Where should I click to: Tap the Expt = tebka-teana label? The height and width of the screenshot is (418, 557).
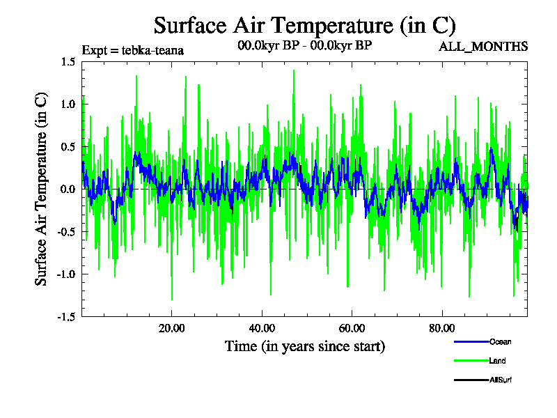(x=132, y=50)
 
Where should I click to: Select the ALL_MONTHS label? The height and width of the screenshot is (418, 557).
(x=483, y=47)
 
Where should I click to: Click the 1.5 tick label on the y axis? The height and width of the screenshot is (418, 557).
(x=68, y=62)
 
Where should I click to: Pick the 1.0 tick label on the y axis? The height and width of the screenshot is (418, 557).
(x=68, y=104)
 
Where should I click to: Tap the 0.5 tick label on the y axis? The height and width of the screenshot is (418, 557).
(x=68, y=147)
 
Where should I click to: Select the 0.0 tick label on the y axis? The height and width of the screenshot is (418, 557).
(x=68, y=189)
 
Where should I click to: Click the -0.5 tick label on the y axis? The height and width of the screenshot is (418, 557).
(x=66, y=232)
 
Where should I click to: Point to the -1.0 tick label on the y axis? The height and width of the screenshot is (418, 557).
(x=66, y=274)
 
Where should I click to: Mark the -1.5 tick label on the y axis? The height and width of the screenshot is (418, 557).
(x=66, y=317)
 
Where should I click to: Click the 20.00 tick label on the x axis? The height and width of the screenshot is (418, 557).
(x=171, y=329)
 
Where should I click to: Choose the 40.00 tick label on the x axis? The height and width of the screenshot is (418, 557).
(x=261, y=329)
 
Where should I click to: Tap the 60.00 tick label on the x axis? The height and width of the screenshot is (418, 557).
(x=352, y=329)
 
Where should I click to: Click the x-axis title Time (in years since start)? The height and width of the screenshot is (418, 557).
(x=304, y=346)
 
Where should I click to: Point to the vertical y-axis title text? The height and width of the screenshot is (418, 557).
(x=42, y=189)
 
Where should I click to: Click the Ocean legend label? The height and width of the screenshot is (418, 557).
(x=501, y=341)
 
